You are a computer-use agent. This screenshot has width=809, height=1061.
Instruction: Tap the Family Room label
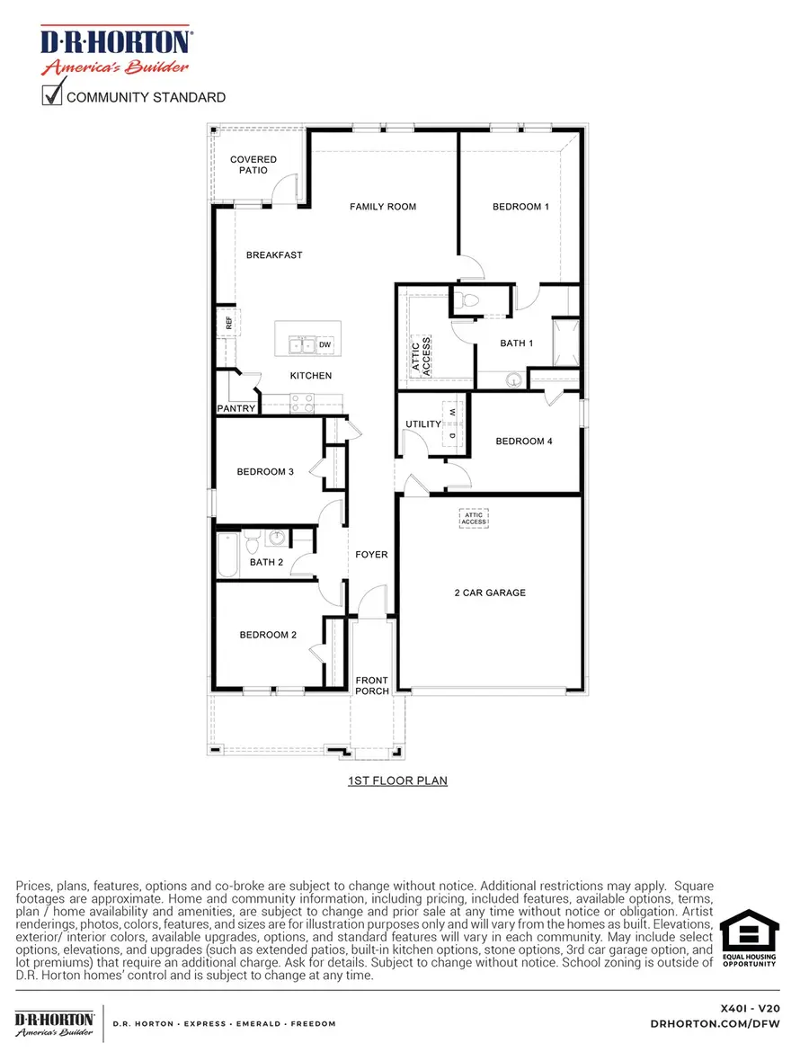tap(383, 207)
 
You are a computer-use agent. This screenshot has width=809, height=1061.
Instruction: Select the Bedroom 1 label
tap(520, 207)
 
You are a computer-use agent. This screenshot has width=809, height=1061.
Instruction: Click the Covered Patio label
tap(253, 165)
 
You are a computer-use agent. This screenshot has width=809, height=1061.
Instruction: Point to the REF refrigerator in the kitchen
tap(228, 322)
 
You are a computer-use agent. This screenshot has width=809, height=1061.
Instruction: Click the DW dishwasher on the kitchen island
tap(324, 344)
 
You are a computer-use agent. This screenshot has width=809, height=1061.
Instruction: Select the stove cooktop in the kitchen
tap(302, 400)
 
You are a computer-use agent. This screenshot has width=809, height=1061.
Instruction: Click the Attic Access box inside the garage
tap(474, 518)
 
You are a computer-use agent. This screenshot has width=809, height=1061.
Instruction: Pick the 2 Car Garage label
tap(490, 593)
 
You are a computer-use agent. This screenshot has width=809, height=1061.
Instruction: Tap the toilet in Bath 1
tap(465, 300)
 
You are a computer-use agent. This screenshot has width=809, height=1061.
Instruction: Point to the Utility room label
tap(423, 424)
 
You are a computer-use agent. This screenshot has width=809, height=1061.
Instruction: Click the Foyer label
tap(371, 555)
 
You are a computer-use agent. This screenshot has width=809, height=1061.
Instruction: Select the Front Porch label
tap(372, 685)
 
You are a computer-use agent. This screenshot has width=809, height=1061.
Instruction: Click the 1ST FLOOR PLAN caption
tap(397, 781)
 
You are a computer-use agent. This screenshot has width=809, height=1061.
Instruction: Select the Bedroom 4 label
tap(524, 441)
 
